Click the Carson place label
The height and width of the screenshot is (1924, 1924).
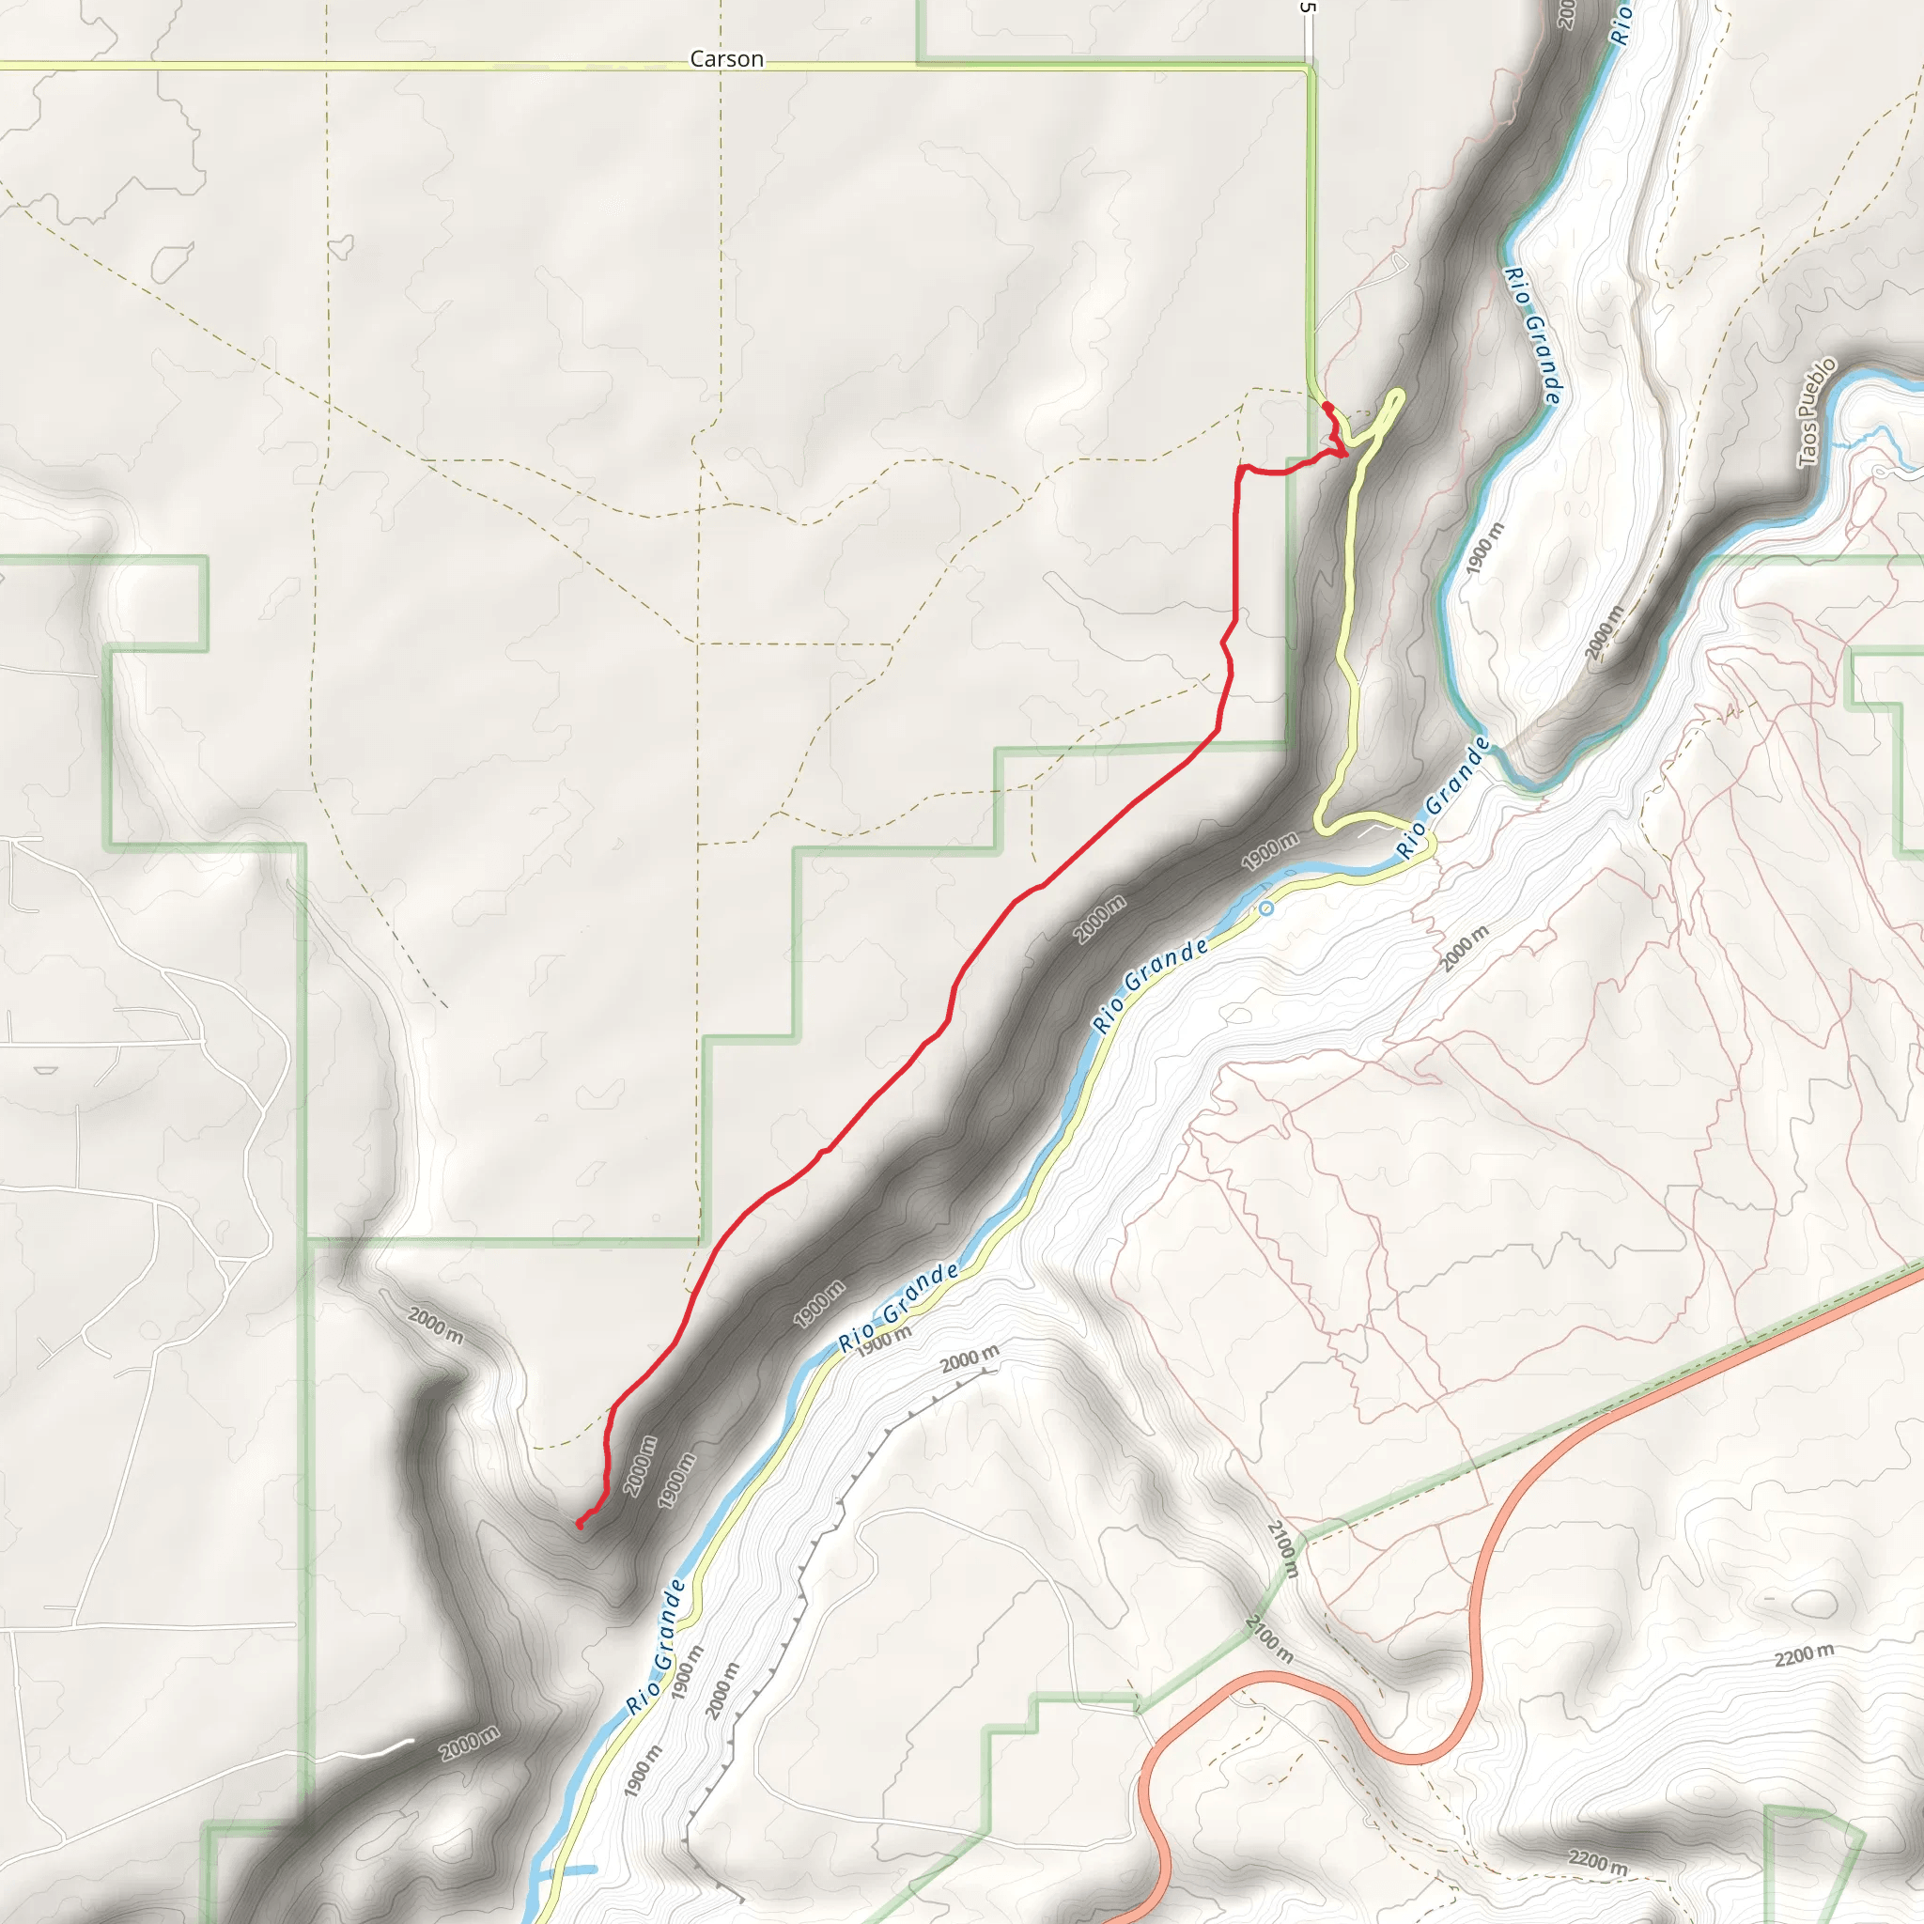click(x=726, y=59)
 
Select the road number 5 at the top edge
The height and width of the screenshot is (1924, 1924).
click(x=1308, y=7)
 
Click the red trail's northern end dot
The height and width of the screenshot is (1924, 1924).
click(x=1326, y=405)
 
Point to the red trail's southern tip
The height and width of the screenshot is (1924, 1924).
click(x=580, y=1524)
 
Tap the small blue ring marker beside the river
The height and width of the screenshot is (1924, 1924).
click(x=1265, y=908)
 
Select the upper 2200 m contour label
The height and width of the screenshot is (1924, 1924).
click(x=1804, y=1655)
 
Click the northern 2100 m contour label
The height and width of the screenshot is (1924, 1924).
click(x=1283, y=1547)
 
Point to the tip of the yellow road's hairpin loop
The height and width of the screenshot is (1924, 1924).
click(x=1399, y=394)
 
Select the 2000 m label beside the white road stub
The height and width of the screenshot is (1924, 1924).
click(x=469, y=1744)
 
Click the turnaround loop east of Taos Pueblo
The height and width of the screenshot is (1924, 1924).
click(x=1880, y=471)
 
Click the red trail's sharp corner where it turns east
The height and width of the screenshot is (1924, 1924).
click(x=1240, y=467)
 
